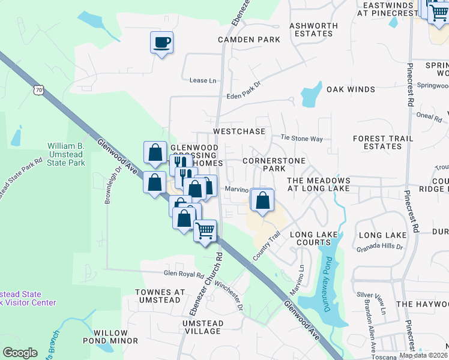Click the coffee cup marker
click(x=161, y=43)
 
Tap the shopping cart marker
click(x=205, y=230)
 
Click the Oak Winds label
click(x=351, y=89)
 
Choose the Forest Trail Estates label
click(x=383, y=142)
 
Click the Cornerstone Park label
click(x=274, y=165)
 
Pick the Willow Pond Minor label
click(x=115, y=337)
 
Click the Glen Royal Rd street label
click(x=184, y=274)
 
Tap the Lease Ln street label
click(x=202, y=80)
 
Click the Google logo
click(x=20, y=353)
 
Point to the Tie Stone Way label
click(x=302, y=139)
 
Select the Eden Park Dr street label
click(x=244, y=91)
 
